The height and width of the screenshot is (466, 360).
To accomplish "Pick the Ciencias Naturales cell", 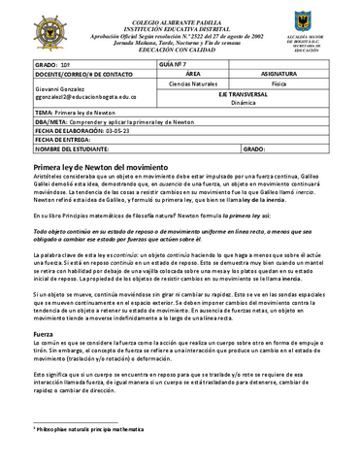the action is [x=192, y=84].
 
